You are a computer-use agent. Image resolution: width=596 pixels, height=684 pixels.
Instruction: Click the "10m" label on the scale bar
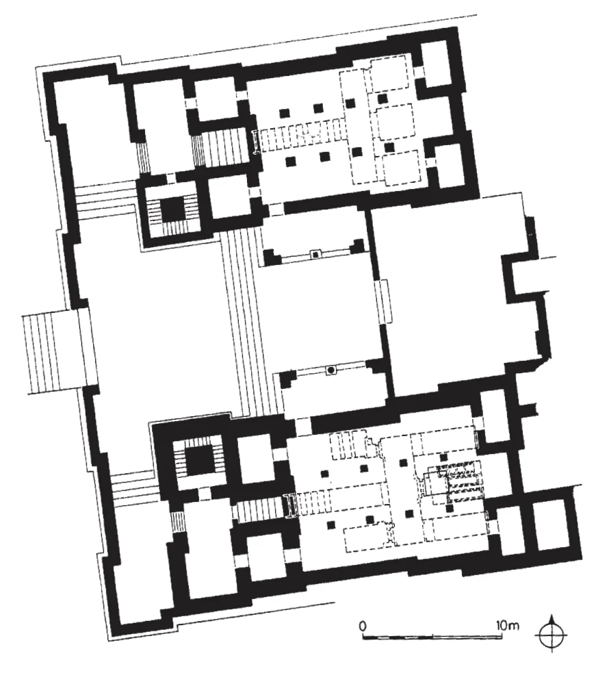point(508,625)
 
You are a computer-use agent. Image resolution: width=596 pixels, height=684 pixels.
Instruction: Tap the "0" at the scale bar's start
point(362,626)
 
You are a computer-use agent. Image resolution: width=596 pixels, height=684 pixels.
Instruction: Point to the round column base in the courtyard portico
point(331,370)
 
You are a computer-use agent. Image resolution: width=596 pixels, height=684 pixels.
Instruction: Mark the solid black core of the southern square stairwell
point(198,461)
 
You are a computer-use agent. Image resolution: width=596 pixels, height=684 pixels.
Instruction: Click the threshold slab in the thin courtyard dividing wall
point(385,301)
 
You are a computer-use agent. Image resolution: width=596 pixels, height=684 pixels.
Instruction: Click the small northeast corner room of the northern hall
point(437,64)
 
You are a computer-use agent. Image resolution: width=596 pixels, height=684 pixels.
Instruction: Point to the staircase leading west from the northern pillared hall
point(224,147)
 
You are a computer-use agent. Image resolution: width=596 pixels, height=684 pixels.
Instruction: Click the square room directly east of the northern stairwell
point(230,198)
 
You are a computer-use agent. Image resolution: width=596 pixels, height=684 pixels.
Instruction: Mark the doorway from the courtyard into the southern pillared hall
point(303,425)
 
